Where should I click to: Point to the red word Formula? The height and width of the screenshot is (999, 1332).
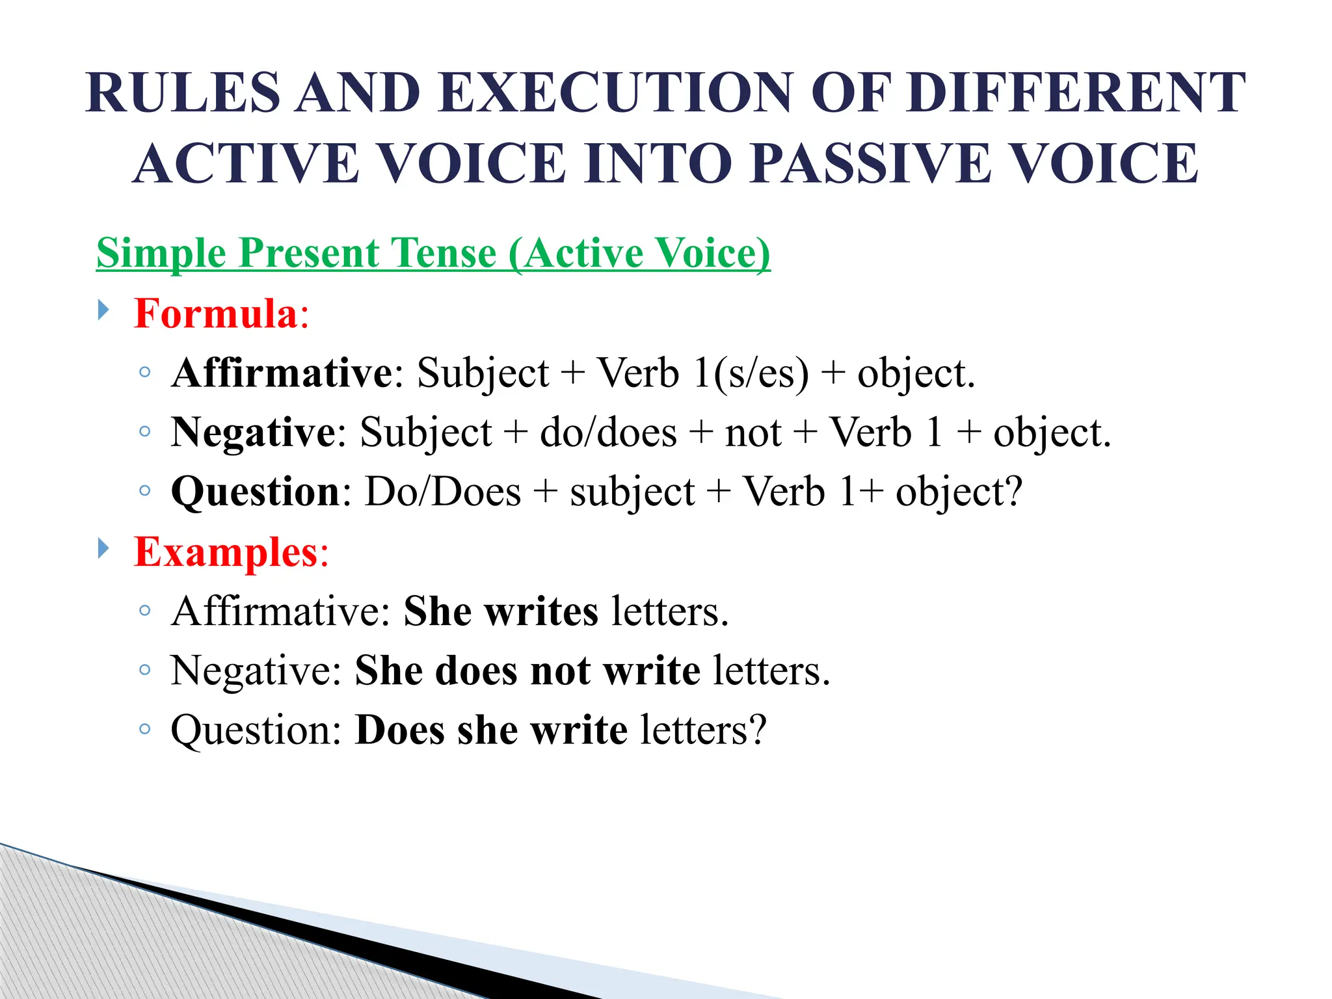point(215,313)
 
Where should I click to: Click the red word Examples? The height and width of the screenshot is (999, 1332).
point(225,552)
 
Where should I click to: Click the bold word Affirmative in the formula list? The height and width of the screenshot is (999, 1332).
point(282,373)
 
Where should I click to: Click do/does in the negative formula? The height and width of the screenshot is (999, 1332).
point(607,433)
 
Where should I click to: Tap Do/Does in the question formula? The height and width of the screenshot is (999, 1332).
point(443,492)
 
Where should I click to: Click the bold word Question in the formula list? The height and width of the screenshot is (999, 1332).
point(256,492)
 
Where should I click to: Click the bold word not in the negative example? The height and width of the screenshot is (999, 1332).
point(561,671)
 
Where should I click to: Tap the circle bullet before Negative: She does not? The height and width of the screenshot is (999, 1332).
point(145,670)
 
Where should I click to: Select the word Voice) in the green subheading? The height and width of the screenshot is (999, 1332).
point(712,253)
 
